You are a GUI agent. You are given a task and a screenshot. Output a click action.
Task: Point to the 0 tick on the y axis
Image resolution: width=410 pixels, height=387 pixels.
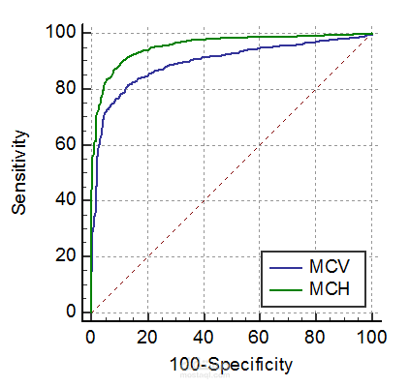point(71,313)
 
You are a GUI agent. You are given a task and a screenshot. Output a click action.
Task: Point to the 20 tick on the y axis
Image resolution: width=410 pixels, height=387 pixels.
point(67,256)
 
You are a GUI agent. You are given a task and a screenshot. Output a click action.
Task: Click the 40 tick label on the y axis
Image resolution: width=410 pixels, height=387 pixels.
point(67,200)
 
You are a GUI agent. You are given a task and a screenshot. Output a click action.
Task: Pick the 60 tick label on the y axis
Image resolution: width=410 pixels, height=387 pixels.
point(67,145)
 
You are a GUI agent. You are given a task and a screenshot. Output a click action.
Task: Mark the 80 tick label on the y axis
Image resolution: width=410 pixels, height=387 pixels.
point(67,89)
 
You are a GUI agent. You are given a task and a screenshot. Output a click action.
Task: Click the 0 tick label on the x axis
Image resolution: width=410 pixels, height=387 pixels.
point(90,337)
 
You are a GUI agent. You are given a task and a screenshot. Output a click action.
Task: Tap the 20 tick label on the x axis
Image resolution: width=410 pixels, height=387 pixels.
point(146,337)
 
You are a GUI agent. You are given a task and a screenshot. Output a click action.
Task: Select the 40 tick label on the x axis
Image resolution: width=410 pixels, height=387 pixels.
point(203,337)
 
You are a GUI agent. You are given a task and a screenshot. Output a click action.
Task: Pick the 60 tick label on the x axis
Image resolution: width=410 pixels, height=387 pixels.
point(259,337)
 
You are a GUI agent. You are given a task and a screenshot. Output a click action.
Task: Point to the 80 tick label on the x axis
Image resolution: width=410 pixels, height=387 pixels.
point(315,337)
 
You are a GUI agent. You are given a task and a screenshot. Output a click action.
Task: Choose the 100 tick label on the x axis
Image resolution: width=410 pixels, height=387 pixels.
point(371,337)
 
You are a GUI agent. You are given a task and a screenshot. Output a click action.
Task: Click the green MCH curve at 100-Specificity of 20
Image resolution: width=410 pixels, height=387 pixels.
point(146,48)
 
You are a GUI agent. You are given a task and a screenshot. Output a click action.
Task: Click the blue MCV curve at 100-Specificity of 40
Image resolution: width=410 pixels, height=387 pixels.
point(203,58)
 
